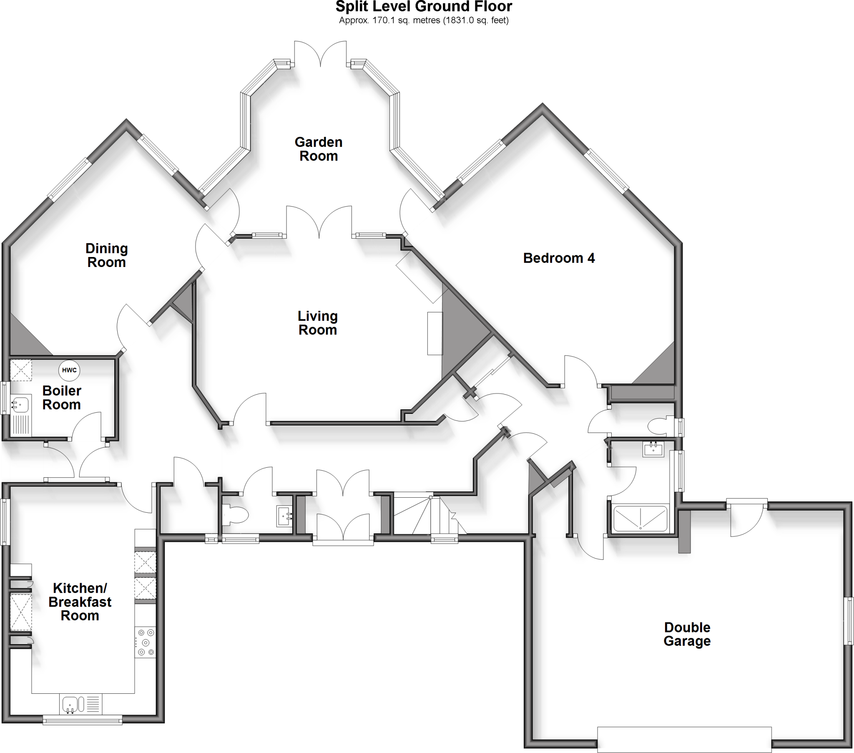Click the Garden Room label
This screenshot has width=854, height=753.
pos(318,149)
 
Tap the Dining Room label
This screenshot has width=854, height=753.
pos(106,255)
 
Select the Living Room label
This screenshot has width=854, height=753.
pos(317,323)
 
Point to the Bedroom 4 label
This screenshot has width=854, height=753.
pos(559,258)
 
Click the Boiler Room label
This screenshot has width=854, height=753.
pos(62,398)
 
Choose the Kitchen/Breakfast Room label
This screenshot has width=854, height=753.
pos(80,602)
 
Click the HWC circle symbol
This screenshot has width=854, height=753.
pos(69,370)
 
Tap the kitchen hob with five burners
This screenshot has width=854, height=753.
pos(145,642)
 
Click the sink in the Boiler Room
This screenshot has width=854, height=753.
pos(19,405)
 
